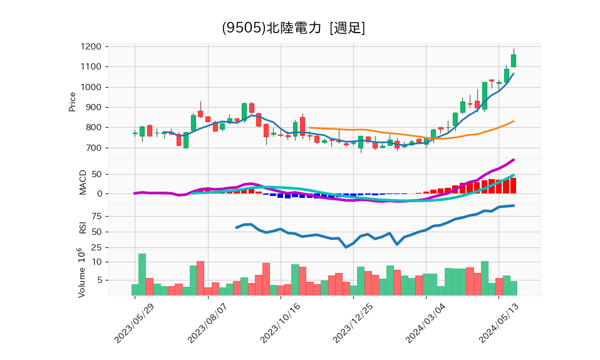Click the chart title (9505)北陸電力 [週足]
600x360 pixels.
pyautogui.click(x=293, y=28)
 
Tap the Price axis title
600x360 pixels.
pyautogui.click(x=72, y=101)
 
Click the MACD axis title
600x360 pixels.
pyautogui.click(x=82, y=182)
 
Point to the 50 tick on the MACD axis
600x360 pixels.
pyautogui.click(x=97, y=174)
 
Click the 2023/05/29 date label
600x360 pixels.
pyautogui.click(x=135, y=324)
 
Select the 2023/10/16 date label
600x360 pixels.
pyautogui.click(x=280, y=324)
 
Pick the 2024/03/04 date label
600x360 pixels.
pyautogui.click(x=425, y=324)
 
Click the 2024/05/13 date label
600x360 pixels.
pyautogui.click(x=499, y=324)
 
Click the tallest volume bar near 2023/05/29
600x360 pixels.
pyautogui.click(x=142, y=274)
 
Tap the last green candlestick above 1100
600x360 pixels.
pyautogui.click(x=514, y=60)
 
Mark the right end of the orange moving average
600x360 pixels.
pyautogui.click(x=514, y=121)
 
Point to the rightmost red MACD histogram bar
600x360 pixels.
pyautogui.click(x=514, y=186)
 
